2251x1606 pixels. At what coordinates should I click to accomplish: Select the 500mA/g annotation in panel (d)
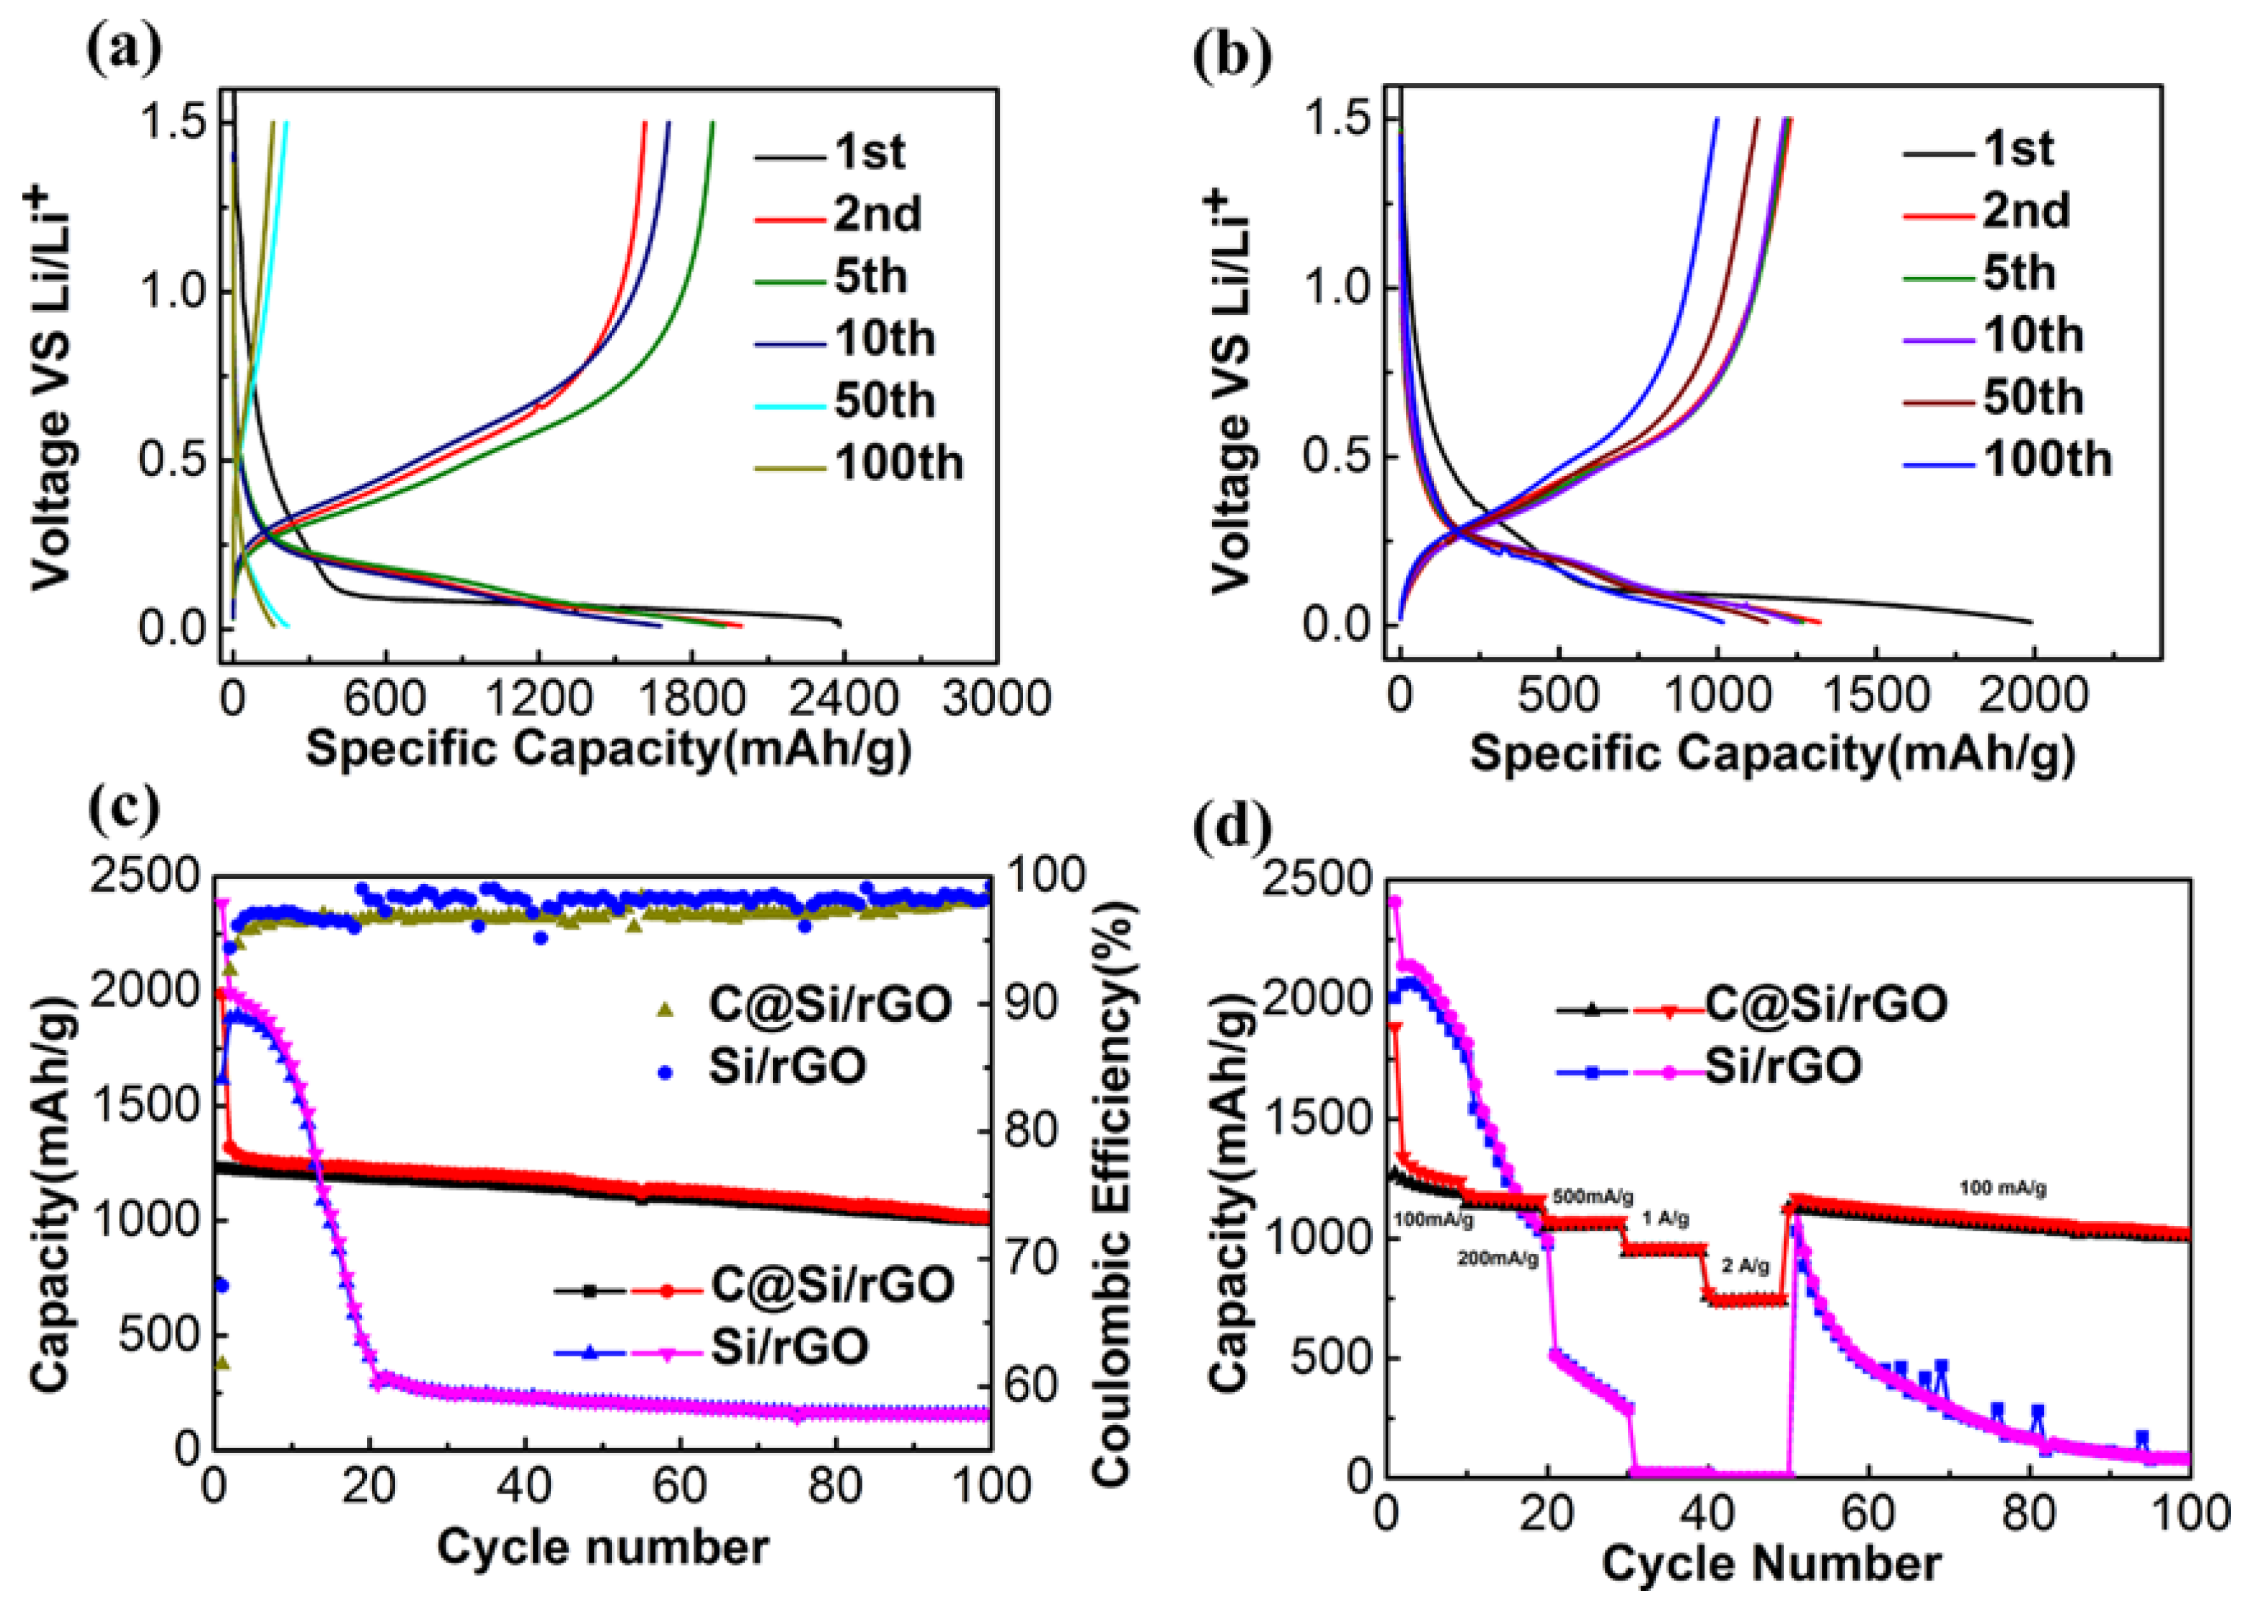tap(1593, 1196)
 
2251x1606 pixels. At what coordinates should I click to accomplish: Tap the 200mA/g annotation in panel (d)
tap(1498, 1260)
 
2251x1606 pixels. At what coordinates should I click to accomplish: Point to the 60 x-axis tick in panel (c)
tap(679, 1486)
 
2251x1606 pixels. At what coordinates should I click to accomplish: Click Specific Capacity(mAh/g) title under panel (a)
tap(607, 749)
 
